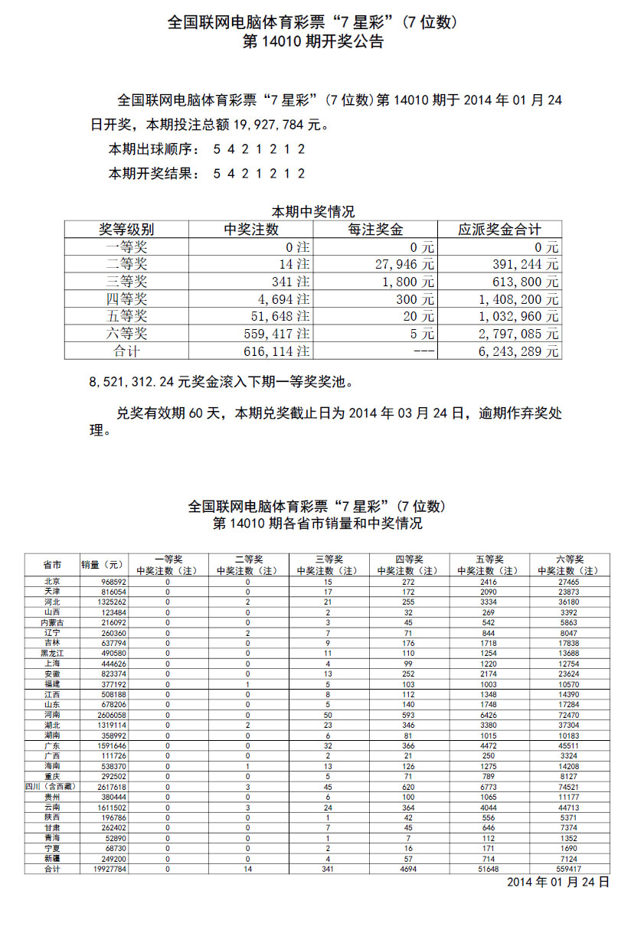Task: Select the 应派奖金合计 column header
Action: point(499,230)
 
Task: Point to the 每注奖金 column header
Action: point(375,230)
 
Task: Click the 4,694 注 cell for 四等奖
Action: point(280,299)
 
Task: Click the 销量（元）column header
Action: point(103,565)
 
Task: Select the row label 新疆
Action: point(52,859)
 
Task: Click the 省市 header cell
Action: point(52,565)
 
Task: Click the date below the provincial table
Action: point(558,882)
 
